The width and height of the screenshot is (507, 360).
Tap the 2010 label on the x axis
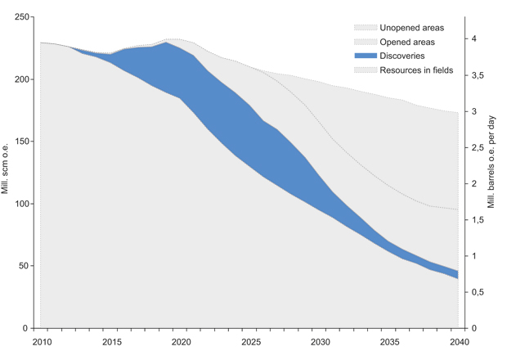point(40,340)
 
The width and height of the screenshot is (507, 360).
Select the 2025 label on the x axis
point(249,340)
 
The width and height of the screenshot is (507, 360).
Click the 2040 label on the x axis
point(458,340)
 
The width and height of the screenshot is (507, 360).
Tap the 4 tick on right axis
point(473,39)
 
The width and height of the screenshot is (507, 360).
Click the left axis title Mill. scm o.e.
point(7,172)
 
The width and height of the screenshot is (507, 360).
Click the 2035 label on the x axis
point(388,340)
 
